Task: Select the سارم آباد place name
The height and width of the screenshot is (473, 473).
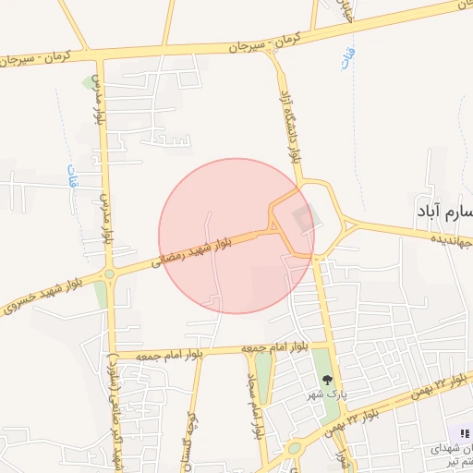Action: coord(444,212)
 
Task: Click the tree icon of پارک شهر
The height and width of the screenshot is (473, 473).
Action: coord(325,379)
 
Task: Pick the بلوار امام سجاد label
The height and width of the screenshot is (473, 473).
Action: coord(251,406)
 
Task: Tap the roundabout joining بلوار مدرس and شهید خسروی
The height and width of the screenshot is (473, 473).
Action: coord(110,274)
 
